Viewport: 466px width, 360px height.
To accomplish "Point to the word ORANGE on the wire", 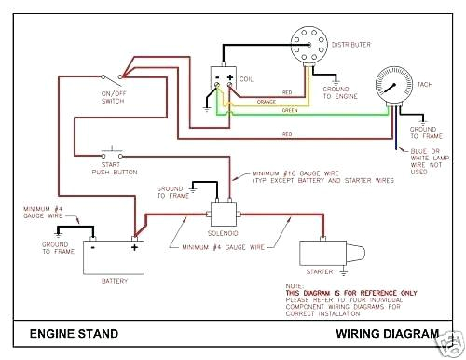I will click(266, 103).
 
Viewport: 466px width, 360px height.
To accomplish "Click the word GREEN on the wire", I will click(291, 112).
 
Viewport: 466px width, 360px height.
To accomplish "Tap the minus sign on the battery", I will click(94, 247).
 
